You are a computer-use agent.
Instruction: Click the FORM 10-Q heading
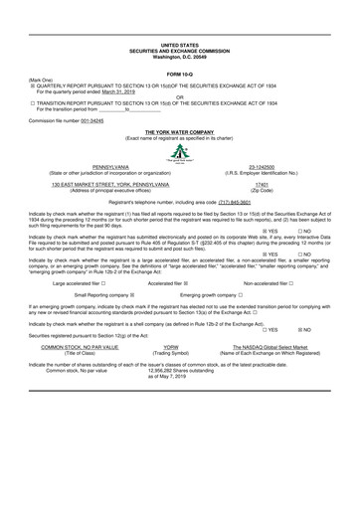(x=179, y=75)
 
